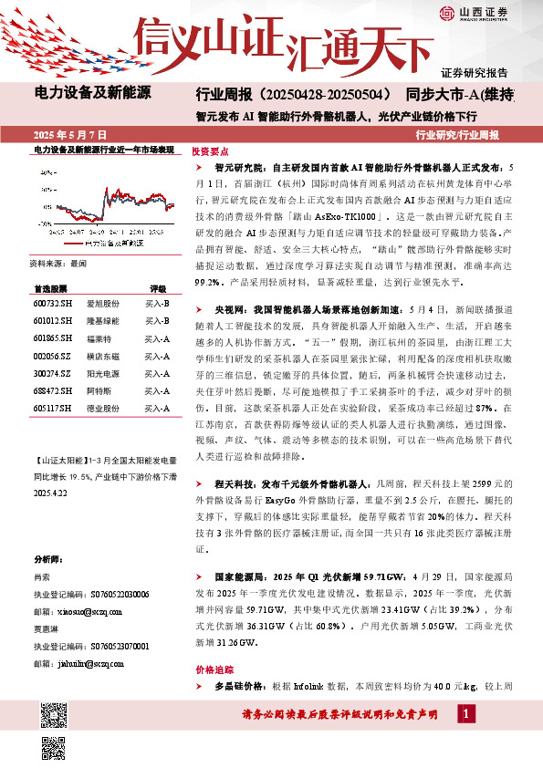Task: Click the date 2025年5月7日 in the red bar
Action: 69,134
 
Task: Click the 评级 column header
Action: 158,286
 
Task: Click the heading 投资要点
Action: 211,152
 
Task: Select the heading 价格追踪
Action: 211,669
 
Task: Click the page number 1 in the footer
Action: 466,712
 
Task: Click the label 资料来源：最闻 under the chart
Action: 57,263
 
